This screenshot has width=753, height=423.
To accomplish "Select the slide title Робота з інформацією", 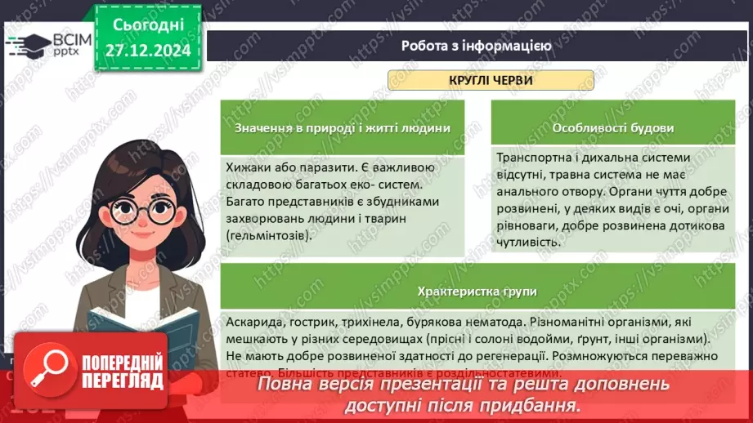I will pyautogui.click(x=476, y=46).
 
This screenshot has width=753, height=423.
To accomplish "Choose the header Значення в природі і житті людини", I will pyautogui.click(x=342, y=128).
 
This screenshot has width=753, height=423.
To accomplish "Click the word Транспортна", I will pyautogui.click(x=535, y=158).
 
